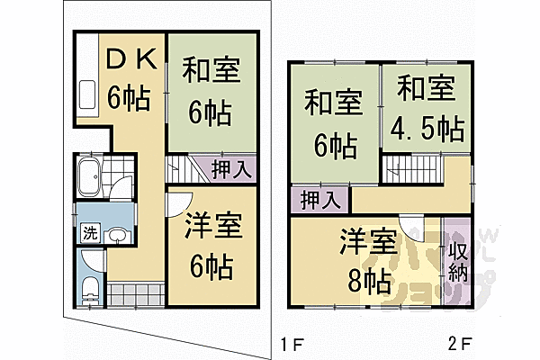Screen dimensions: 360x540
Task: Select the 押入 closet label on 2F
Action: pyautogui.click(x=319, y=198)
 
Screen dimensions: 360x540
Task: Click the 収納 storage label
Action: pyautogui.click(x=456, y=256)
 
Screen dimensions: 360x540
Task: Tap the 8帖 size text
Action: pyautogui.click(x=368, y=281)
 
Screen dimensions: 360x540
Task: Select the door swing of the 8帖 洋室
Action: pyautogui.click(x=411, y=229)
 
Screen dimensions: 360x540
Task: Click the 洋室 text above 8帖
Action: pyautogui.click(x=368, y=243)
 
